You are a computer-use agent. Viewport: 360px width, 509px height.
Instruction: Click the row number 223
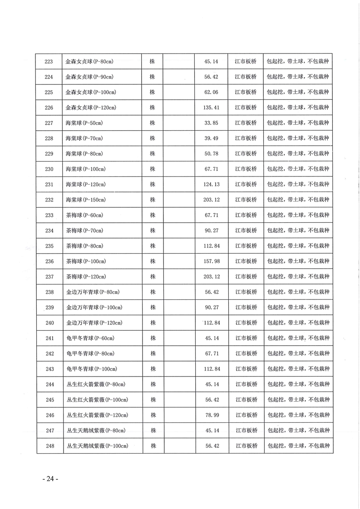point(49,61)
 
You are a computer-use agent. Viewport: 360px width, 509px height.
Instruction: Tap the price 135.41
point(212,108)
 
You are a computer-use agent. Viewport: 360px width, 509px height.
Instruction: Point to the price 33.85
point(212,123)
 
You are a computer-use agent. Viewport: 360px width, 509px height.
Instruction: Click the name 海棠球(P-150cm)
point(86,200)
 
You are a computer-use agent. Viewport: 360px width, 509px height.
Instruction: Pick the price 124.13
point(212,184)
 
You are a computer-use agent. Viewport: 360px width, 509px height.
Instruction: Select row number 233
point(49,215)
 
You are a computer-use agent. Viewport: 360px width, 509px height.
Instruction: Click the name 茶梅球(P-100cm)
point(86,261)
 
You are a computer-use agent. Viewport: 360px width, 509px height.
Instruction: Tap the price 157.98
point(212,261)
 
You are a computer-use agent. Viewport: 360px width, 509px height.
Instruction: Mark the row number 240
point(49,323)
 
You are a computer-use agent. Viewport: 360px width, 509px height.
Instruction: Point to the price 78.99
point(212,415)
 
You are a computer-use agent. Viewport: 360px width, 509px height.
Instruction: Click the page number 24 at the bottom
point(50,479)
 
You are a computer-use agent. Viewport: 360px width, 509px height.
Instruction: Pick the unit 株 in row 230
point(153,169)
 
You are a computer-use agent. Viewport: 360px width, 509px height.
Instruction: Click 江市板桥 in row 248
point(246,446)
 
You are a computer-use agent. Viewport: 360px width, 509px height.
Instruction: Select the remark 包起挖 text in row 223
point(275,61)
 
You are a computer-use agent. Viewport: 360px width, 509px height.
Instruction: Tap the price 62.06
point(212,92)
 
